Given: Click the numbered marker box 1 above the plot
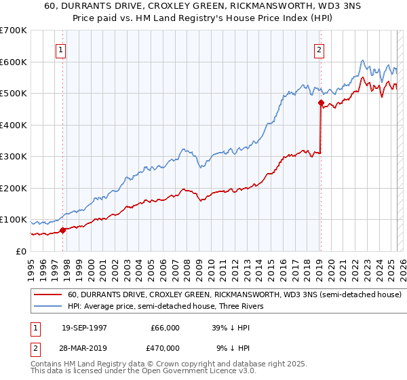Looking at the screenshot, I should [x=61, y=50].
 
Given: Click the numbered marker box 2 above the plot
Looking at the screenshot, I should [x=319, y=50].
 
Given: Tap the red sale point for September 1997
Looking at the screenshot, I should [x=63, y=230].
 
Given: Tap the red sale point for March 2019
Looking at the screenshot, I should [x=320, y=103].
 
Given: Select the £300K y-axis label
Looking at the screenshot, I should [x=14, y=157].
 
